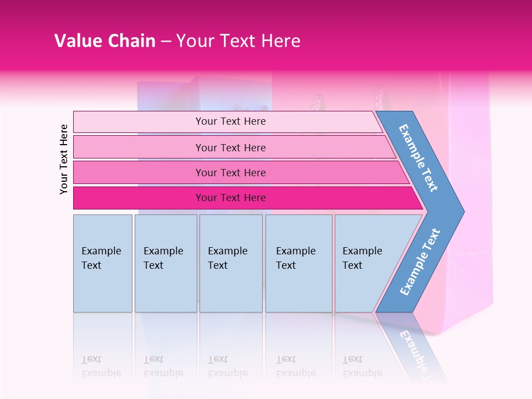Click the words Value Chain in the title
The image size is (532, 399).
(105, 41)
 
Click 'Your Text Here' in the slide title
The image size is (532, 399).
(238, 41)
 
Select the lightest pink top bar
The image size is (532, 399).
(139, 121)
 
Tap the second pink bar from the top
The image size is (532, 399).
(139, 147)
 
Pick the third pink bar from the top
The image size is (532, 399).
(139, 172)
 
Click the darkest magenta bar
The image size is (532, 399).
(139, 198)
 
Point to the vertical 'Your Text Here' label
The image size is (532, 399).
(64, 159)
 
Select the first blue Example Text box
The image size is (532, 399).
(103, 263)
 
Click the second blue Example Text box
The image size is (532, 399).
(166, 263)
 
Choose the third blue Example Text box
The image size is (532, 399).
(231, 263)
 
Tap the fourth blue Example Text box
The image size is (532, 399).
(299, 263)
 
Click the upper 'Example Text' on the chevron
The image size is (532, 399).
(418, 158)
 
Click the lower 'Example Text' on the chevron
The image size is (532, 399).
(420, 262)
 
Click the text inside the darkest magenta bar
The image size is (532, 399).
(231, 198)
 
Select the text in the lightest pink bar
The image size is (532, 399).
(231, 121)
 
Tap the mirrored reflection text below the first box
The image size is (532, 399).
(101, 366)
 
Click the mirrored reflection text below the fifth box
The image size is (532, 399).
(362, 366)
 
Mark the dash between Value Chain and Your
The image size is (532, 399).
(166, 42)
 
